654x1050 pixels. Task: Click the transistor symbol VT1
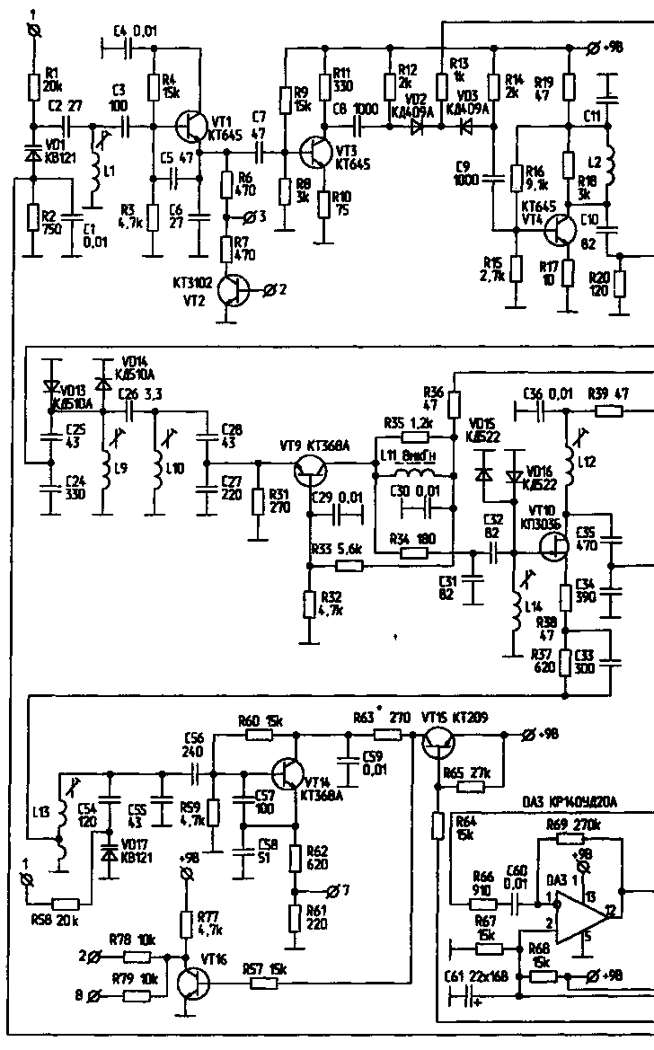click(x=190, y=127)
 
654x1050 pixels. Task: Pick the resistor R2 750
click(x=34, y=217)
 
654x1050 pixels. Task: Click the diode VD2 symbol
click(x=416, y=127)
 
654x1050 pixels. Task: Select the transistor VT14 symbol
click(x=287, y=773)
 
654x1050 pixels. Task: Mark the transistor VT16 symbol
click(x=192, y=983)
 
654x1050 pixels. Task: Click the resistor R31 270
click(x=259, y=501)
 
